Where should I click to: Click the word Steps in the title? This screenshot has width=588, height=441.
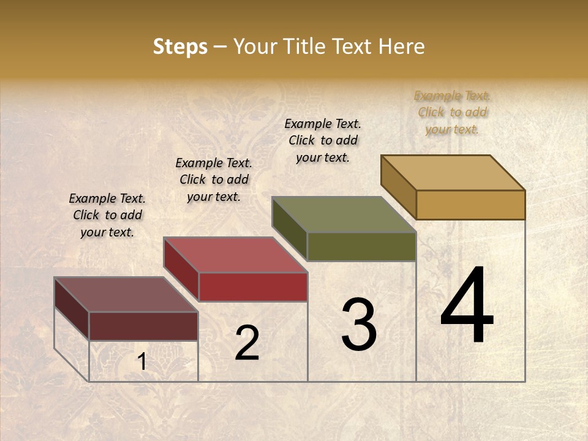point(180,47)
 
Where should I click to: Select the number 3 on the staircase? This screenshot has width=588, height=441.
point(358,325)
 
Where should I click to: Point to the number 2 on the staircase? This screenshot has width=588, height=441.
point(247,343)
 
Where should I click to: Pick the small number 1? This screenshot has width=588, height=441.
point(142,362)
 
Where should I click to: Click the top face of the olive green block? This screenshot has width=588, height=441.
point(344,214)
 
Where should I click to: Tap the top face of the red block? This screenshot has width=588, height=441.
point(236,254)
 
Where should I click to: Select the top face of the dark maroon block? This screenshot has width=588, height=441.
point(126,294)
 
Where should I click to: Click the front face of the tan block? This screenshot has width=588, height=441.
point(470,205)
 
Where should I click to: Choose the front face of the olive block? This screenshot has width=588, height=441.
point(361,246)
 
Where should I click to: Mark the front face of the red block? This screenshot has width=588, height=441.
point(253,287)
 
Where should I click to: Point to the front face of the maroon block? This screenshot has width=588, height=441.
point(143,326)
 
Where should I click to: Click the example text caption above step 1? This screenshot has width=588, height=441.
point(107,215)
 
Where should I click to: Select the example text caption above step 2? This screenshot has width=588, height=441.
point(214,179)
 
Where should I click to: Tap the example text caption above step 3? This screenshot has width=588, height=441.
point(323,140)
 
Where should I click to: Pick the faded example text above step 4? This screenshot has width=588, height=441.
point(453,112)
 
